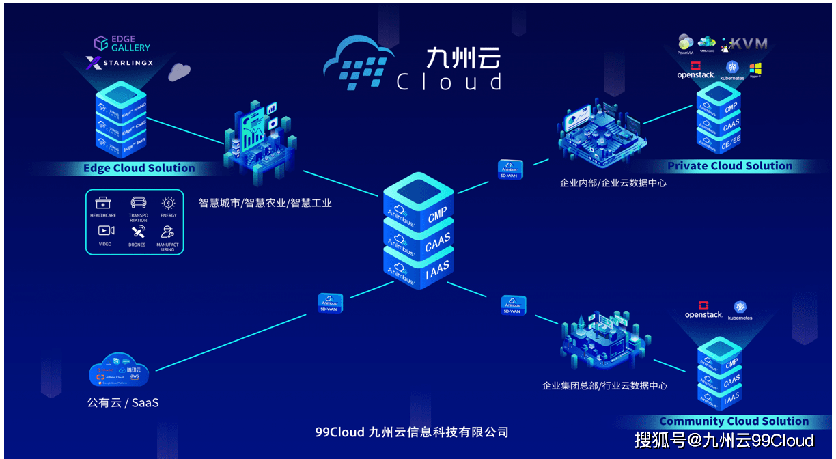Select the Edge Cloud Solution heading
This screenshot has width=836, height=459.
pos(139,168)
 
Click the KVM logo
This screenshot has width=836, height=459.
pos(747,44)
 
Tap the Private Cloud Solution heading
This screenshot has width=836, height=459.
pos(729,166)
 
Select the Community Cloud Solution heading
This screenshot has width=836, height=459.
pos(734,421)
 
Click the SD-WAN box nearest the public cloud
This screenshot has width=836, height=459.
pos(331,303)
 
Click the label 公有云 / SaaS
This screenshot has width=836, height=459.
pos(123,403)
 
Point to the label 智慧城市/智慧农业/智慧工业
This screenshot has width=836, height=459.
pos(265,203)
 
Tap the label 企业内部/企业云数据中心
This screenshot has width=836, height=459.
pos(613,183)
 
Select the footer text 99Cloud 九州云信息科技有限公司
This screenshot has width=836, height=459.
pos(412,432)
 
